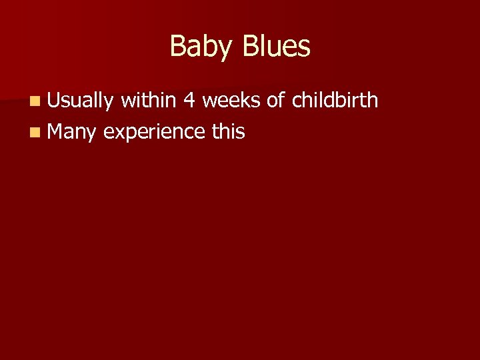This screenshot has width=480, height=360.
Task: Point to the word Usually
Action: click(x=81, y=101)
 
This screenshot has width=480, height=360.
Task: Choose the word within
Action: click(x=149, y=100)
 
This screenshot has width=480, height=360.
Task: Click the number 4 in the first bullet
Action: click(x=189, y=100)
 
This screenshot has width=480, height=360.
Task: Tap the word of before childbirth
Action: click(x=276, y=100)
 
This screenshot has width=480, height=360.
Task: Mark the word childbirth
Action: click(x=335, y=100)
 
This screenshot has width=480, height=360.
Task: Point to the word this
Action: click(x=229, y=132)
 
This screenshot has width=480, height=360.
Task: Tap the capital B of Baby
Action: click(x=178, y=47)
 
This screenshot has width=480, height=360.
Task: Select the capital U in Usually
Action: click(x=54, y=100)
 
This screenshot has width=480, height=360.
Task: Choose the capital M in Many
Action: click(x=56, y=132)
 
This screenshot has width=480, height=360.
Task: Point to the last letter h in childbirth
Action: click(x=373, y=100)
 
